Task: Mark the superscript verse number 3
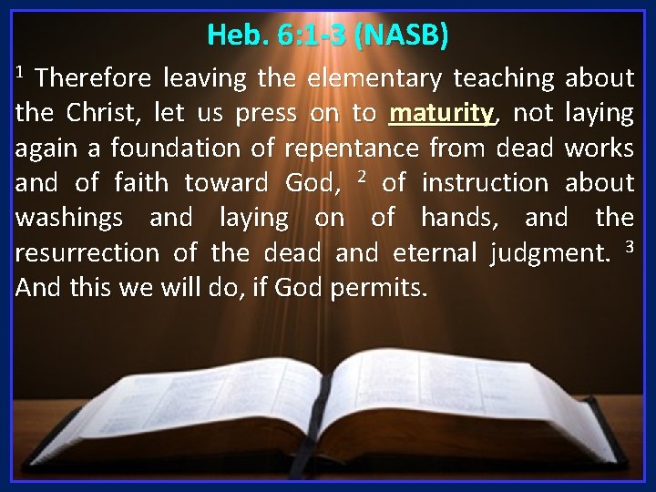coord(629,246)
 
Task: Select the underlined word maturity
coord(441,115)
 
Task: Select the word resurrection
coord(83,253)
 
